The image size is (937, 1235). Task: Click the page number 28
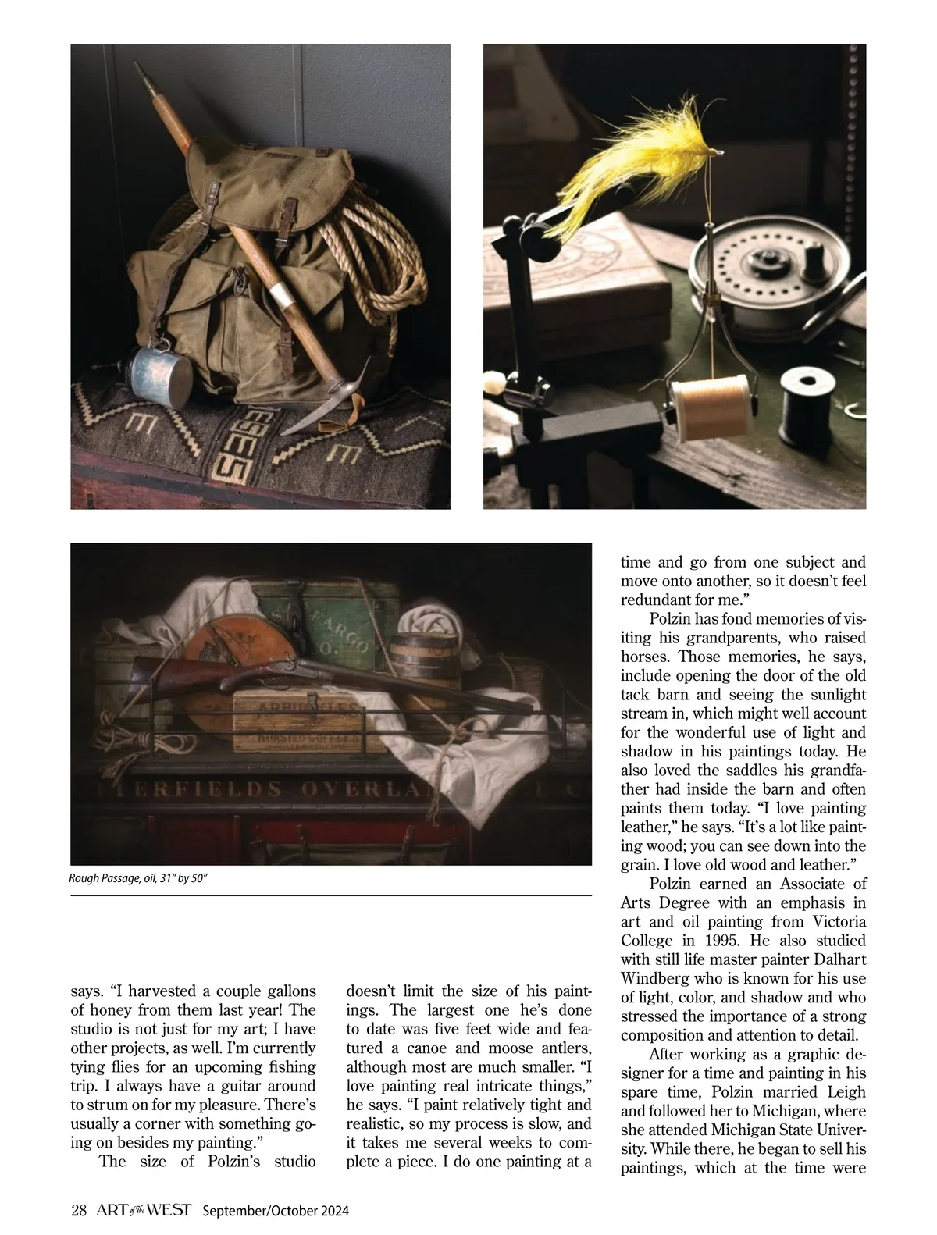pyautogui.click(x=78, y=1210)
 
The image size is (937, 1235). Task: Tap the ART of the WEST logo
pyautogui.click(x=144, y=1210)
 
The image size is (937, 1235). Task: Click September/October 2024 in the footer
pyautogui.click(x=276, y=1211)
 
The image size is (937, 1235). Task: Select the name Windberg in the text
pyautogui.click(x=653, y=978)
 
